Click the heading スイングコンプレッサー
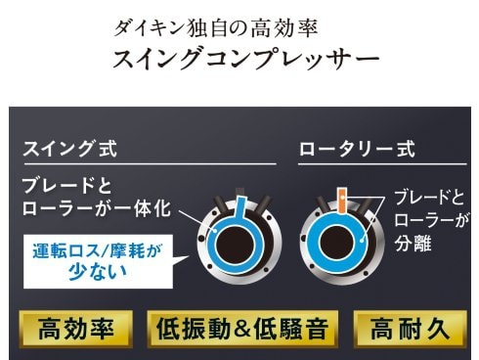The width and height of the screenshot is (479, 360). coord(245,60)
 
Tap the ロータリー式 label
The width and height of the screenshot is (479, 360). coord(356,151)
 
